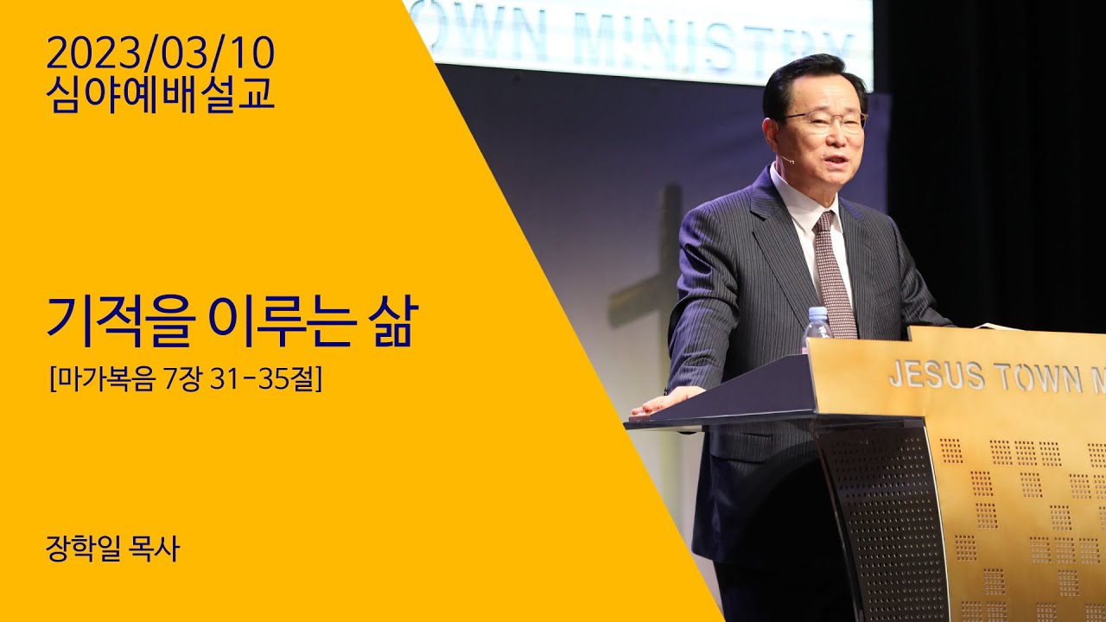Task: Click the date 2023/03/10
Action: coord(161,54)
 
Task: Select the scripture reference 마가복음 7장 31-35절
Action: coord(187,379)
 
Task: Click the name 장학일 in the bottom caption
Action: coord(84,549)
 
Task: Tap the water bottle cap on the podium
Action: coord(816,313)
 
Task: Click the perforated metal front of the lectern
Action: coord(881,518)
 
